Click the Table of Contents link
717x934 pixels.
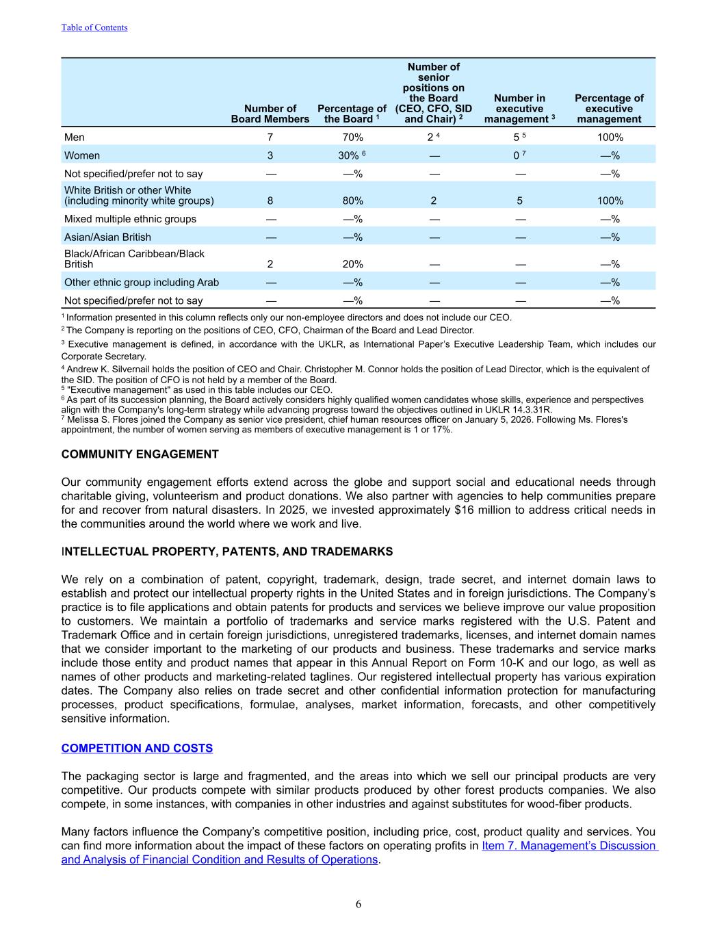pos(94,27)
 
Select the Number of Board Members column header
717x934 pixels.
pos(270,114)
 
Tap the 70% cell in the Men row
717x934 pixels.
pos(353,138)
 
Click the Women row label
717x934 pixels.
pos(82,156)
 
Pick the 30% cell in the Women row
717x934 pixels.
pos(350,156)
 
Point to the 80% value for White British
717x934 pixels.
pos(353,201)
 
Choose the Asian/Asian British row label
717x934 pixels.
pos(107,237)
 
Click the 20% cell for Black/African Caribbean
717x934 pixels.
pos(353,264)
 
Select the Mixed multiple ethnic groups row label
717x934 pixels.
pos(130,219)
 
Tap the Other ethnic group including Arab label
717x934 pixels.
pos(142,283)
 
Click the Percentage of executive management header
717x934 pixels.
pos(609,109)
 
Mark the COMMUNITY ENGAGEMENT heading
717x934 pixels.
pos(140,454)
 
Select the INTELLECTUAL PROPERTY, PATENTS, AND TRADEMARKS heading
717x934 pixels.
pos(227,552)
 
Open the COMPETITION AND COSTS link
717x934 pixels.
pos(137,749)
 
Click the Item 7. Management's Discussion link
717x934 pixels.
pos(569,846)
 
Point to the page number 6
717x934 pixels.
pos(358,905)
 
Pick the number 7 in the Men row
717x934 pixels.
pos(270,138)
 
